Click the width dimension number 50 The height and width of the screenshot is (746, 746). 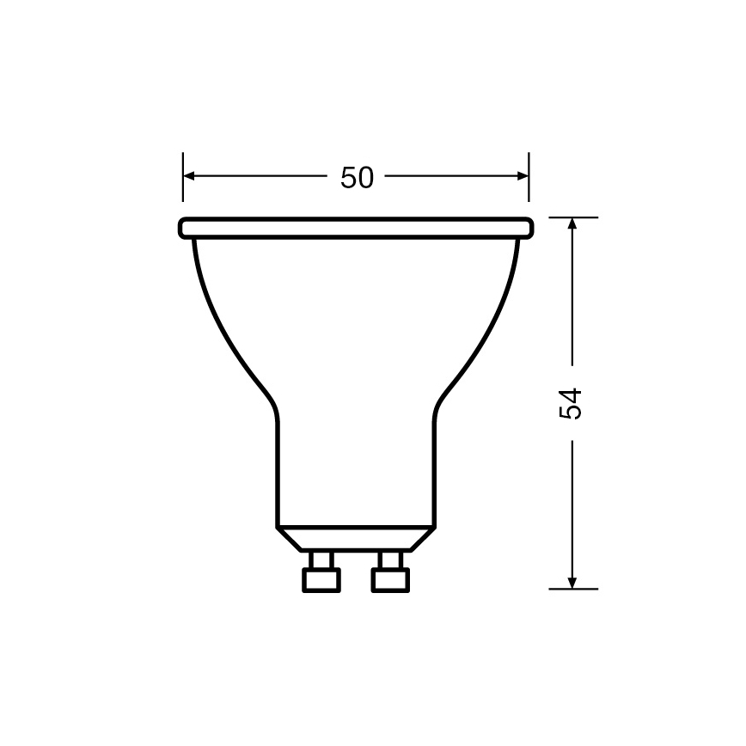tap(357, 177)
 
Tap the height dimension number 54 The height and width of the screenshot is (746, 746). tap(572, 403)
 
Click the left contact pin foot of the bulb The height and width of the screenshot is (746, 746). tap(321, 581)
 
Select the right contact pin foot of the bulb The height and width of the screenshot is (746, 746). tap(389, 581)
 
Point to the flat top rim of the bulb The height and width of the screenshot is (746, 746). tap(356, 228)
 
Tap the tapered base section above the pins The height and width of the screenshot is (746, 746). tap(356, 539)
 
